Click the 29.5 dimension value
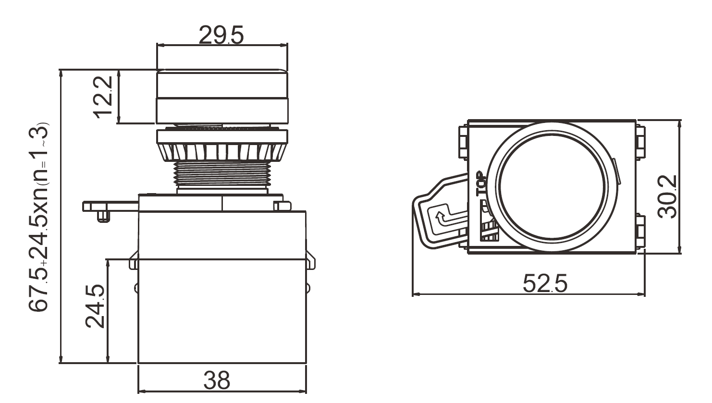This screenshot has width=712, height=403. [x=221, y=35]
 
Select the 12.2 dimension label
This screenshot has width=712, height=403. [x=103, y=97]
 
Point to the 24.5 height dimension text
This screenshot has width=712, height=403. [x=95, y=306]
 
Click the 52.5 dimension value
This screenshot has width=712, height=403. [x=545, y=283]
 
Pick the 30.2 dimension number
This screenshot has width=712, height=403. [x=667, y=197]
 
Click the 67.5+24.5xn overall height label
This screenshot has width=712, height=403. [x=39, y=217]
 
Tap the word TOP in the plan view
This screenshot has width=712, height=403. [x=481, y=183]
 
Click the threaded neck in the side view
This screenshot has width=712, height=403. [x=222, y=174]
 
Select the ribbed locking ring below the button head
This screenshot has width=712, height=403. [x=222, y=152]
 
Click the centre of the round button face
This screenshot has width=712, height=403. [x=553, y=187]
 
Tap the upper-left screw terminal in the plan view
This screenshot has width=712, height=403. [x=463, y=142]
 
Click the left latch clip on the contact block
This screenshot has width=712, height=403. [x=134, y=260]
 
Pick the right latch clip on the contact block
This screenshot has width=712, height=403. [x=310, y=260]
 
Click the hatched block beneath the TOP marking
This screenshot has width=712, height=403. [x=489, y=231]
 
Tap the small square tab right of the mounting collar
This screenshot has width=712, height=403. [x=282, y=206]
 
